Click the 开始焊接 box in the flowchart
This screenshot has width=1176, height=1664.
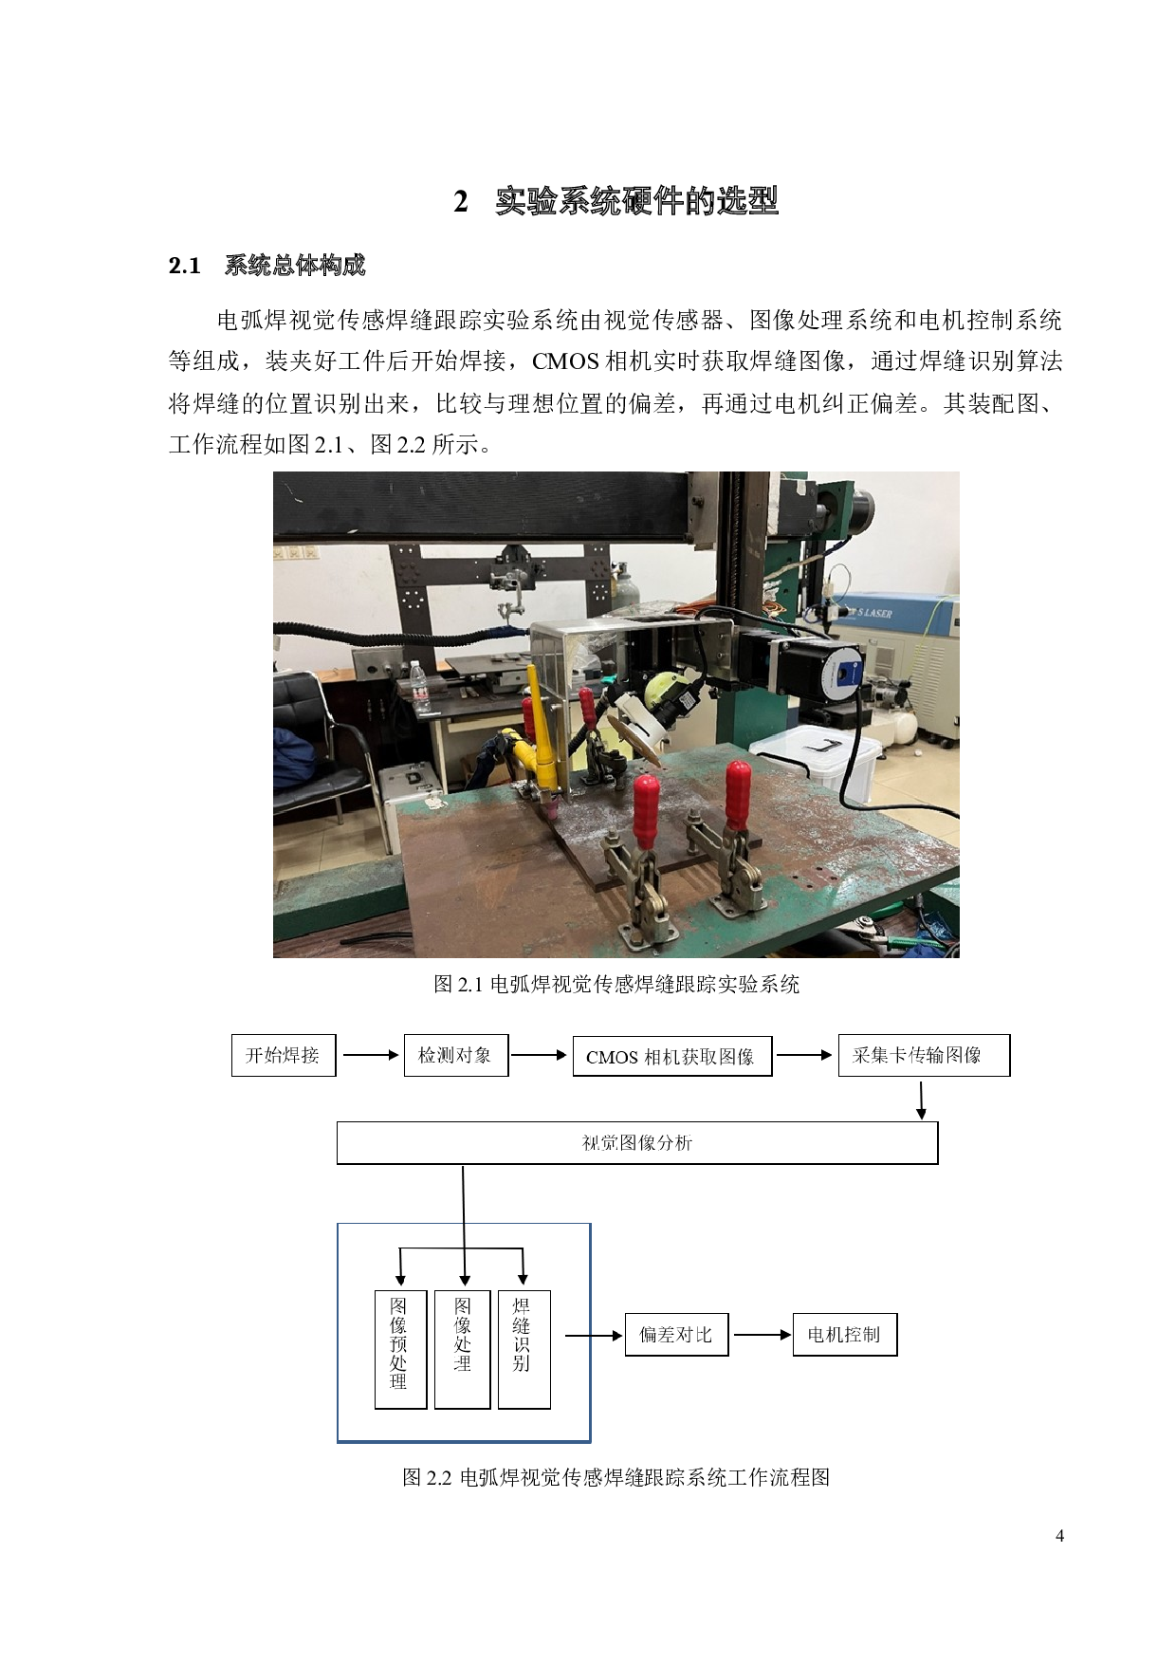pos(284,1055)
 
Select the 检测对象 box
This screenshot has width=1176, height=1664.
pos(456,1055)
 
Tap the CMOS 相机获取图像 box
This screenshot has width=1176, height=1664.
pos(671,1057)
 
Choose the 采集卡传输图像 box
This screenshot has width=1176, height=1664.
pos(924,1055)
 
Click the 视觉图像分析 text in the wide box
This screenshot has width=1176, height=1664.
pos(637,1143)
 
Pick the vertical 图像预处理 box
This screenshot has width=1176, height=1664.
pos(400,1348)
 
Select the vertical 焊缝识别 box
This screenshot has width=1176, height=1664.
pos(524,1348)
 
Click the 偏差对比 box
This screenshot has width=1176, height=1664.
pos(676,1335)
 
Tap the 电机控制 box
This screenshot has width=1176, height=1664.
pos(844,1335)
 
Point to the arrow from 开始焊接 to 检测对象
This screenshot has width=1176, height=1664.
pos(370,1055)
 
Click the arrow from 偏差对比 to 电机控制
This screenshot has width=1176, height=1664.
pos(761,1335)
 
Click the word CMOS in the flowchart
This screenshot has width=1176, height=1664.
pos(612,1058)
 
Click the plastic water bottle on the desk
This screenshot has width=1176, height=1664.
pos(419,687)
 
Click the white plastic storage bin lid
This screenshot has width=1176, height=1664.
pos(817,745)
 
